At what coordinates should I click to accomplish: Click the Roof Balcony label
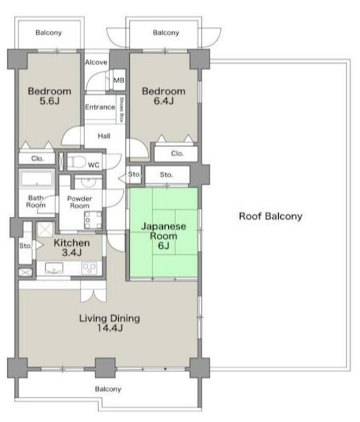point(271,216)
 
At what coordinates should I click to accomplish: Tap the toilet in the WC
point(76,162)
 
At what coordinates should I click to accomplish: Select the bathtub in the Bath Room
point(37,179)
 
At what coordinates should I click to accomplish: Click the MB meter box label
point(119,80)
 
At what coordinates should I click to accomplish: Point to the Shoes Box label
point(121,109)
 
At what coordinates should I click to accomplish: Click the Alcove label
point(96,62)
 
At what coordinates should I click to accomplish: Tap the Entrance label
point(100,107)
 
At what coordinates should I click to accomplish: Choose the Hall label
point(104,136)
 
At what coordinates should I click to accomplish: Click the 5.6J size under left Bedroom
point(49,101)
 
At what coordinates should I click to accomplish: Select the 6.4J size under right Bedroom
point(164,101)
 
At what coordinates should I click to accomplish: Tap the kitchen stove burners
point(89,268)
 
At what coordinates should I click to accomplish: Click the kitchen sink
point(54,268)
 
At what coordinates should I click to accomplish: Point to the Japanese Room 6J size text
point(164,246)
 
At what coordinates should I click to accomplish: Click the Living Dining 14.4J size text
point(109,328)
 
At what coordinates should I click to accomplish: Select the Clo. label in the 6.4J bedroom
point(177,154)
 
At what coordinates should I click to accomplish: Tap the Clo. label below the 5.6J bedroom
point(37,158)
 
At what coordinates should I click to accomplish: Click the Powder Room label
point(79,202)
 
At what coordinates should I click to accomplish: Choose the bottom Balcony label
point(108,389)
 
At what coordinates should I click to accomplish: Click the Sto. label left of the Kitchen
point(25,246)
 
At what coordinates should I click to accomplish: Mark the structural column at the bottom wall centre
point(105,368)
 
